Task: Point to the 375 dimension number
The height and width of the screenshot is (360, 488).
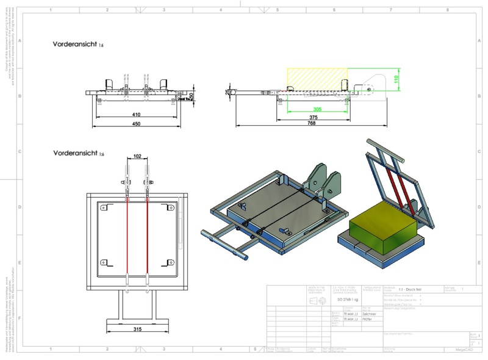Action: point(314,117)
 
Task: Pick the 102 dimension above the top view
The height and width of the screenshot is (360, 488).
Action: point(137,156)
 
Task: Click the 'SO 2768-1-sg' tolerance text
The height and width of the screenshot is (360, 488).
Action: point(348,300)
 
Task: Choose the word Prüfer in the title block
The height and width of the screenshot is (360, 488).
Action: point(368,319)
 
